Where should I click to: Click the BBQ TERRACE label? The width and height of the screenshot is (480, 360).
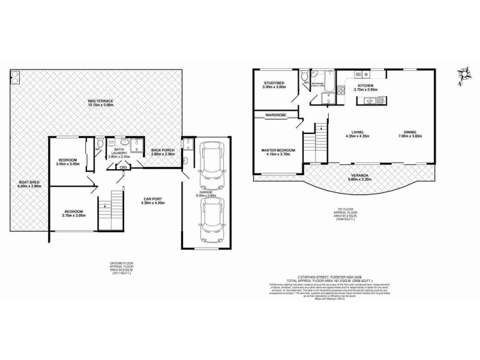[100, 100]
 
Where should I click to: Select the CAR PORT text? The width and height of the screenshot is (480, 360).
[154, 199]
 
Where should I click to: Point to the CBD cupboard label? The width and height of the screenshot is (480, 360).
[122, 167]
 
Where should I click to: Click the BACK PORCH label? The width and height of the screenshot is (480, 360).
[163, 150]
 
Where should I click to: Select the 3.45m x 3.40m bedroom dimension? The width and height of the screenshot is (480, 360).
[68, 164]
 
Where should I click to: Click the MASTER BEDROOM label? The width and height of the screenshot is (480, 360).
[278, 150]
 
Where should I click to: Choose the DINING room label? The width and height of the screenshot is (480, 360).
[410, 132]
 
